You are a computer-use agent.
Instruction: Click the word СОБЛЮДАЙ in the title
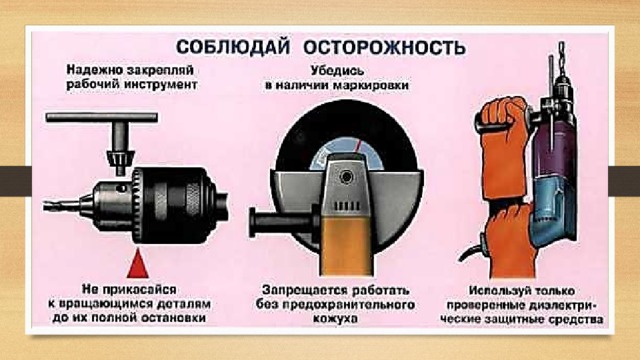coord(233,47)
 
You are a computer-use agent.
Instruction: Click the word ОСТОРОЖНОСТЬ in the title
coord(384,47)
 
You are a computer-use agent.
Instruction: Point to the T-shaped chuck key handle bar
coord(102,118)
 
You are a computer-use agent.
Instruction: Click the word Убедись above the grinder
coord(337,71)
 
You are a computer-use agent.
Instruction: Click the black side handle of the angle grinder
coord(282,221)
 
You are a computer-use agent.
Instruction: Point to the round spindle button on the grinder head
coord(347,177)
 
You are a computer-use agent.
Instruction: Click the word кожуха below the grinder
coord(336,318)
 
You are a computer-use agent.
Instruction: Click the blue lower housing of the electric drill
coord(554,212)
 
